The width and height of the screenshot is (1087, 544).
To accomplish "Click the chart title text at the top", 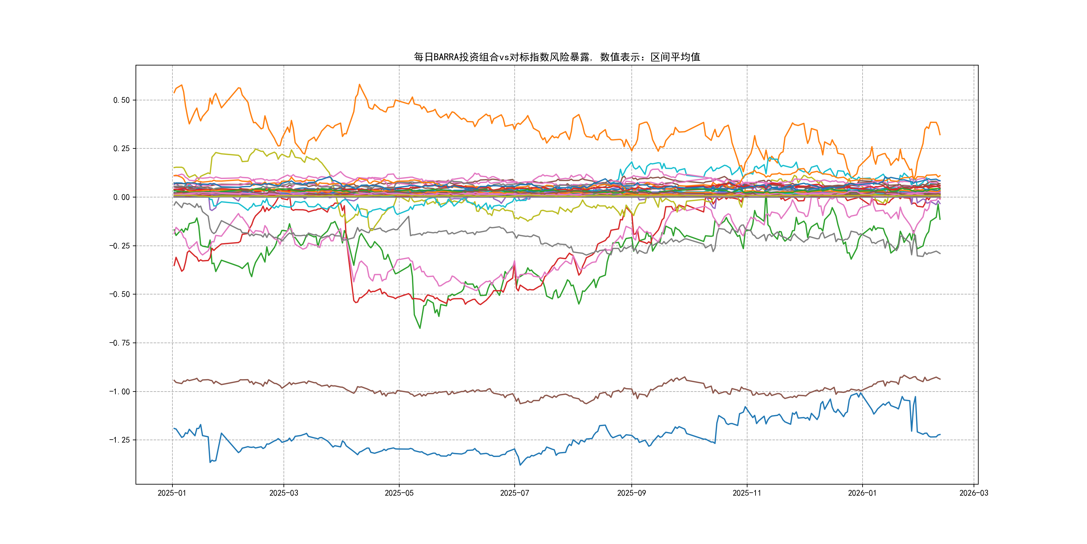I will (557, 57).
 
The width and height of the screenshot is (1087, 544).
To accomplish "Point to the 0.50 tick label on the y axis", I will (121, 100).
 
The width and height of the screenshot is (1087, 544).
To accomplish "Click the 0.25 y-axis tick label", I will (121, 149).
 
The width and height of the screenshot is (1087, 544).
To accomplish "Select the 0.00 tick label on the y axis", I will (121, 197).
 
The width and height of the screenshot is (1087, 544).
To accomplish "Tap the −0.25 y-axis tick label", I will (119, 246).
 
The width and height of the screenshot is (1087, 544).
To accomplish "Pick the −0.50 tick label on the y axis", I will (119, 294).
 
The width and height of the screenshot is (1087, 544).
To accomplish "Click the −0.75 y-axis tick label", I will (119, 343).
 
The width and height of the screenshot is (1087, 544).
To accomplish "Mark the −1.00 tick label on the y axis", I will (119, 392).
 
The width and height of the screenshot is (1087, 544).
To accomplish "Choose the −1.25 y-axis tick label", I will (119, 440).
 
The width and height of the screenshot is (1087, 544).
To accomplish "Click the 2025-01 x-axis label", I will (172, 493).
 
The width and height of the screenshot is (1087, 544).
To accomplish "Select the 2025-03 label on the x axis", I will (283, 493).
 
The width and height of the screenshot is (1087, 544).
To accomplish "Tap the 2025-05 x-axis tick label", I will (399, 493).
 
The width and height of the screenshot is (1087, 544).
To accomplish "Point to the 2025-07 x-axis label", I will (514, 493).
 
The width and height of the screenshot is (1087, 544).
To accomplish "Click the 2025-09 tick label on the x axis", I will (631, 493).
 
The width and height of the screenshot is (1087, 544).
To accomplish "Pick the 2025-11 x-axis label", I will (746, 493).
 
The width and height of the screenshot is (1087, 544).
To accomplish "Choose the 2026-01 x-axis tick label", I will (862, 493).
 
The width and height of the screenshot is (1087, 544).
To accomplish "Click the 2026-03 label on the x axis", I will (974, 493).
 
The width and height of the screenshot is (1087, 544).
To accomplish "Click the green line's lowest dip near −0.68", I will (420, 328).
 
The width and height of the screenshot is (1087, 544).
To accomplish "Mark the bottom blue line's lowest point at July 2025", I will (520, 465).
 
